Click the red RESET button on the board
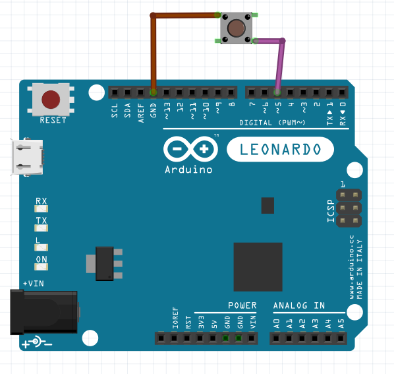pos(51,100)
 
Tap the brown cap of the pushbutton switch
pos(236,28)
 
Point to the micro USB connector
pos(27,157)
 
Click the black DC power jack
pos(44,313)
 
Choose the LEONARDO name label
pos(280,149)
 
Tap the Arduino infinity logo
pos(190,149)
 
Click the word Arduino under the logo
pos(188,170)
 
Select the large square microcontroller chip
pos(258,267)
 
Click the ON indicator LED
pos(42,267)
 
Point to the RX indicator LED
pos(42,208)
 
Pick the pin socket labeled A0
pos(276,338)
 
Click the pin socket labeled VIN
pos(251,338)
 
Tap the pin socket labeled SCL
pos(115,92)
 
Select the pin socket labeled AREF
pos(140,92)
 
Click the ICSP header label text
pos(331,211)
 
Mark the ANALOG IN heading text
pos(299,305)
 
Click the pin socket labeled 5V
pos(213,338)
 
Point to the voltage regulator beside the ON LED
pos(104,264)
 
